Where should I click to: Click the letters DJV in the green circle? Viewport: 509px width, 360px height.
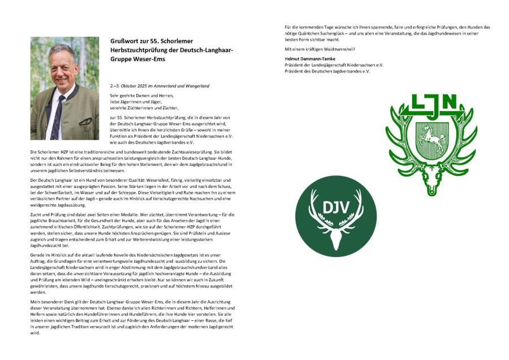coord(335,206)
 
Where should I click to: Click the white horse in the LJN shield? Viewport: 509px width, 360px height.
coord(431,138)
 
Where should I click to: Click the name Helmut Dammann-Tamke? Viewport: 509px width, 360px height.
coord(312,58)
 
